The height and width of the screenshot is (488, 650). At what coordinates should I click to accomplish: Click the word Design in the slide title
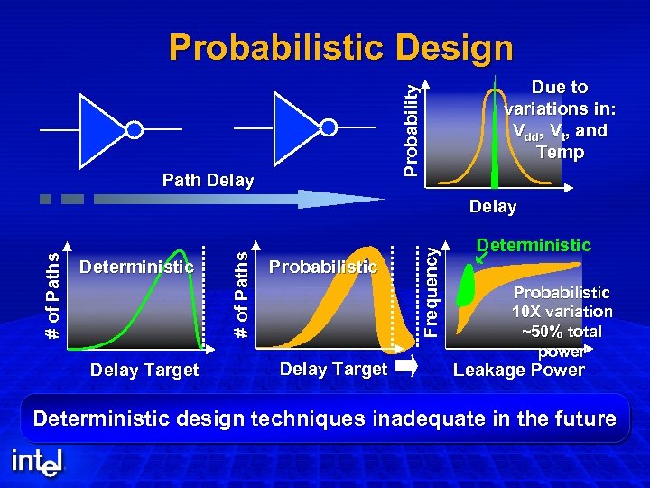(450, 48)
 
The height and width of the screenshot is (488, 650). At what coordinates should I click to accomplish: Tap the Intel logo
(37, 462)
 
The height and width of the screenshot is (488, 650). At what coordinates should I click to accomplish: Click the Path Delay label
(208, 181)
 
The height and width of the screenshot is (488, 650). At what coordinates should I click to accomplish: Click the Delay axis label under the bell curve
(492, 207)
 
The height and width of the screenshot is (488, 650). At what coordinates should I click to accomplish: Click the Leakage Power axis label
(518, 370)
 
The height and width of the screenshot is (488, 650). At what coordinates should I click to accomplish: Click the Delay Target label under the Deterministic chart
(144, 369)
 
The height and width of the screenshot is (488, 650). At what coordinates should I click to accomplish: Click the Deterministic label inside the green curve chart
(136, 267)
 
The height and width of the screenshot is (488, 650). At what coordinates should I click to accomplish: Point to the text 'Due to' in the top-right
(560, 88)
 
